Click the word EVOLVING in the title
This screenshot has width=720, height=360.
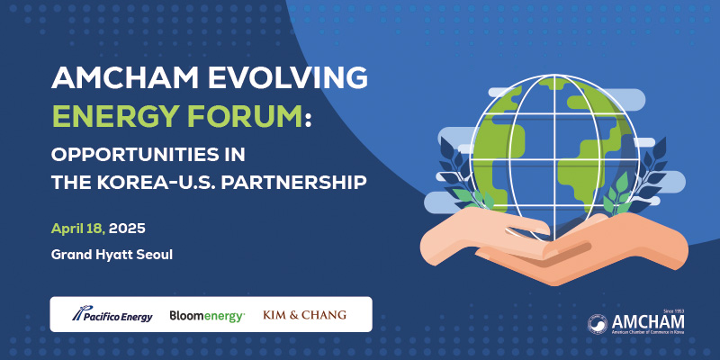(287, 77)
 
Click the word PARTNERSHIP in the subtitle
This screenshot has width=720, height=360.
(294, 183)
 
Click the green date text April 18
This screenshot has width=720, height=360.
(78, 229)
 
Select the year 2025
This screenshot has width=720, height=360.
(127, 229)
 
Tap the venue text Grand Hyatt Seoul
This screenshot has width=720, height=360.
(112, 255)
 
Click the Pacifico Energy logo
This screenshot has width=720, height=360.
(112, 314)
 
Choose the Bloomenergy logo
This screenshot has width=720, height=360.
(207, 316)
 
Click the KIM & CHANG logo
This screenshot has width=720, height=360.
(304, 315)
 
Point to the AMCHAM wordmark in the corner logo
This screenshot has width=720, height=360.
(648, 322)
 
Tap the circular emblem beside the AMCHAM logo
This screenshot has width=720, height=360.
(598, 324)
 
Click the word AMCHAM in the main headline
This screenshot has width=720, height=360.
(124, 77)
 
